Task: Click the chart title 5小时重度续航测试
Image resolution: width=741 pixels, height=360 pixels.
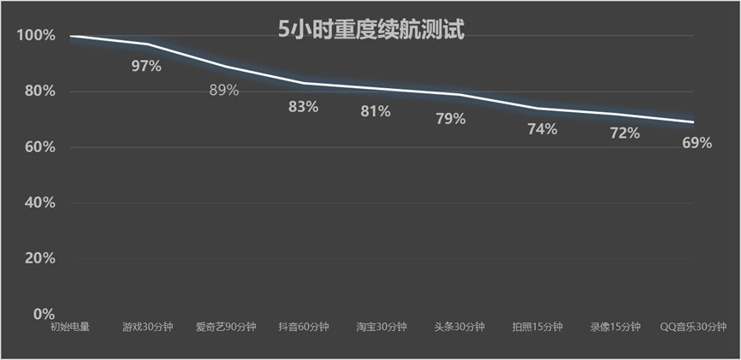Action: [370, 31]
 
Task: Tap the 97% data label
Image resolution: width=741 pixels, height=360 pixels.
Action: [146, 66]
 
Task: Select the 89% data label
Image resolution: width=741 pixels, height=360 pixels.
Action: [224, 90]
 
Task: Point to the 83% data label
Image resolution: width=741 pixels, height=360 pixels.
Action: [303, 107]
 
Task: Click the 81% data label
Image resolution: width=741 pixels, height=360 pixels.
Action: [375, 111]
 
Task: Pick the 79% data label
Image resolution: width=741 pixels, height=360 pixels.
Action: [450, 119]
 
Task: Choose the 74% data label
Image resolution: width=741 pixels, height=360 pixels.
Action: [542, 129]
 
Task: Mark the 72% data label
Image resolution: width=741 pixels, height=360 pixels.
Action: [624, 133]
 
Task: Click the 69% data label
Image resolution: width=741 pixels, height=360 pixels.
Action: [697, 143]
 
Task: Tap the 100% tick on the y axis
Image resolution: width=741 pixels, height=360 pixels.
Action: [36, 36]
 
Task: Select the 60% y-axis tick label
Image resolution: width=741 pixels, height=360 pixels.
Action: [39, 147]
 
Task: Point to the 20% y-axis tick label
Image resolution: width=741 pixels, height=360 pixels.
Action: [39, 258]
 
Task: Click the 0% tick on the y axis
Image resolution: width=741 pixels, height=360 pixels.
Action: [44, 314]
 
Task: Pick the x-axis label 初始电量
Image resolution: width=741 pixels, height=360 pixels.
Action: [69, 327]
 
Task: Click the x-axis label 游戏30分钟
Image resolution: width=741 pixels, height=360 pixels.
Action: [147, 327]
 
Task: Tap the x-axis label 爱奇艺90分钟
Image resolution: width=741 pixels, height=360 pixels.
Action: [224, 327]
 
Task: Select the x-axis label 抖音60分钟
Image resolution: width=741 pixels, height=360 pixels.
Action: [303, 327]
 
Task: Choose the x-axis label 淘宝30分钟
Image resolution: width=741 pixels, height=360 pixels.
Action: [382, 327]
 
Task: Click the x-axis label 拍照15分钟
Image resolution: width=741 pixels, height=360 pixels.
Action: [537, 327]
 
